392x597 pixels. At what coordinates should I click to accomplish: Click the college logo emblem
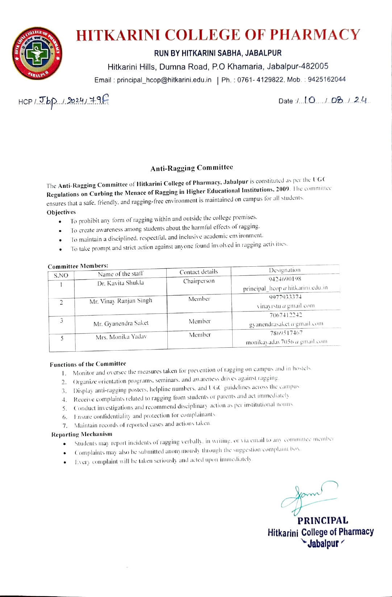point(37,53)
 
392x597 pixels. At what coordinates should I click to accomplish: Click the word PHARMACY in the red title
point(315,35)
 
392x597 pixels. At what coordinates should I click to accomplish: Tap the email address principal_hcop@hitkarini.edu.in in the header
point(164,80)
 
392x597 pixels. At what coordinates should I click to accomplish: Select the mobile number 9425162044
point(326,79)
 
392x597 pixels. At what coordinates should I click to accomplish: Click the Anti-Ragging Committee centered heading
point(192,168)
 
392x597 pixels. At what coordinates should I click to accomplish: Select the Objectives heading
point(61,212)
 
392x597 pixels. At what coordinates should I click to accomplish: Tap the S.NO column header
point(61,275)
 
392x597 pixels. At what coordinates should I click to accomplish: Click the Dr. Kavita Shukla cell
point(120,283)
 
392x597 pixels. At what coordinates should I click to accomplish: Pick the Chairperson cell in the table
point(199,281)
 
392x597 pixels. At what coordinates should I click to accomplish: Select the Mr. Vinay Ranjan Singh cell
point(121,301)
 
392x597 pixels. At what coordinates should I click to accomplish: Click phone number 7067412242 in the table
point(285,315)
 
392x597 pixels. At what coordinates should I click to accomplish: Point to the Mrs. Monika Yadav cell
point(121,337)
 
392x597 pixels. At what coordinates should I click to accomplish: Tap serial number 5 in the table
point(62,338)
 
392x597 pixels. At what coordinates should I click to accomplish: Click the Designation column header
point(284,270)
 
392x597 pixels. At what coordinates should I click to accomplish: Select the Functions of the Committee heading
point(88,364)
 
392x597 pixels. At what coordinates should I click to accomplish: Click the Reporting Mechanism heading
point(82,434)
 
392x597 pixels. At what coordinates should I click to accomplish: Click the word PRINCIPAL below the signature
point(322,520)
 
